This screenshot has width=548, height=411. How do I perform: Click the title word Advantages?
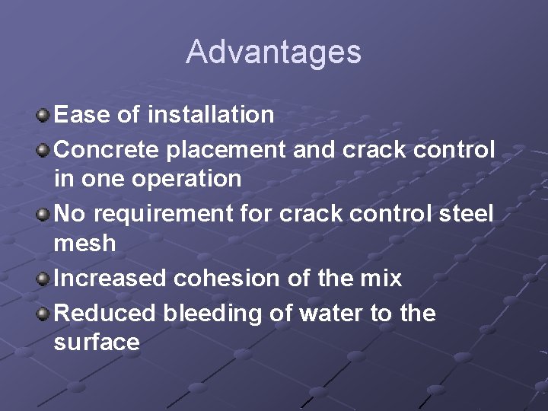click(273, 53)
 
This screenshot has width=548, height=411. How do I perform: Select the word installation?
click(211, 115)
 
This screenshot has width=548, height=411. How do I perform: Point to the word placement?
click(229, 149)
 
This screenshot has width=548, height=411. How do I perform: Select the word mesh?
click(84, 244)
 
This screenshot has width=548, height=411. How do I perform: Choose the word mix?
click(381, 279)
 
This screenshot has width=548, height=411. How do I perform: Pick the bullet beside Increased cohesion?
click(43, 279)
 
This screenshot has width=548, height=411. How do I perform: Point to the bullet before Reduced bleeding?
click(43, 314)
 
